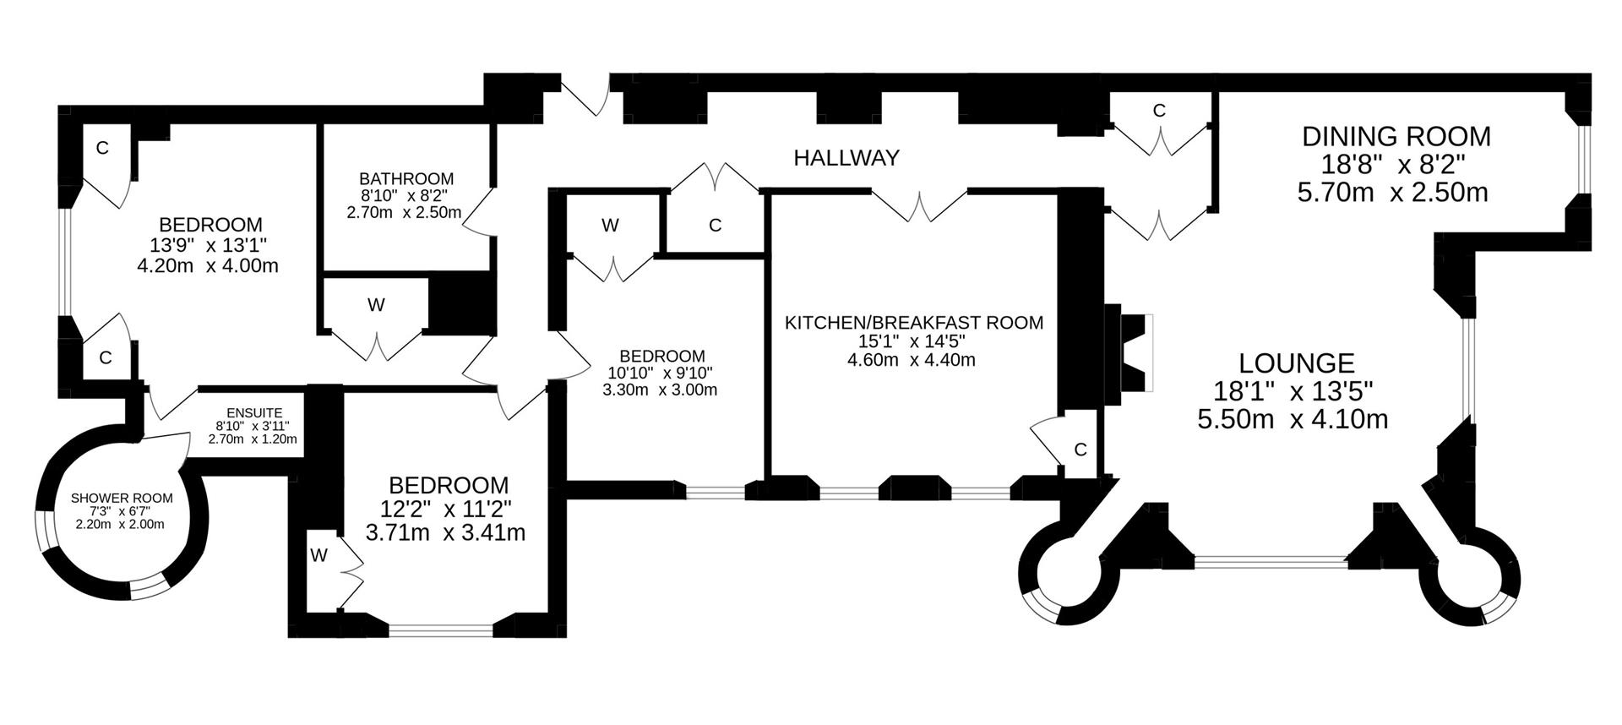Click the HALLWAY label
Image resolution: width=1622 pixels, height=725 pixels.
(x=846, y=157)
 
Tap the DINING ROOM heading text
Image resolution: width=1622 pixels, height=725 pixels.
(x=1396, y=136)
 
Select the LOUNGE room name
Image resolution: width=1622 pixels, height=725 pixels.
(x=1296, y=363)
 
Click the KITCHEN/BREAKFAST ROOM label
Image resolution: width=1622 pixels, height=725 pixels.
(x=914, y=323)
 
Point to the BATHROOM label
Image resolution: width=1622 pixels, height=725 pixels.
(x=405, y=179)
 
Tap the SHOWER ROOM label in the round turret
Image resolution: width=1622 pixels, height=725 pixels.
(x=122, y=499)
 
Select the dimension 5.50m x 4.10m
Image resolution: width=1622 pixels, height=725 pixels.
(x=1293, y=419)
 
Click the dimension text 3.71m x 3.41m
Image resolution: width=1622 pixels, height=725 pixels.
(x=445, y=532)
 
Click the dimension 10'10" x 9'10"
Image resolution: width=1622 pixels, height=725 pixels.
(x=661, y=373)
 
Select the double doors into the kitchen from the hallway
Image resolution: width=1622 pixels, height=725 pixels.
(x=919, y=204)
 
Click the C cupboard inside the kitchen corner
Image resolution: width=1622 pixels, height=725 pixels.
(x=1079, y=449)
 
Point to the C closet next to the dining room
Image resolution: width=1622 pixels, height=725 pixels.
(x=1159, y=111)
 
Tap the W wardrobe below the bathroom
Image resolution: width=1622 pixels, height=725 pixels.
(x=376, y=305)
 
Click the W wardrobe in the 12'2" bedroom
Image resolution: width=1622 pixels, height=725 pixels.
(x=318, y=555)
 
